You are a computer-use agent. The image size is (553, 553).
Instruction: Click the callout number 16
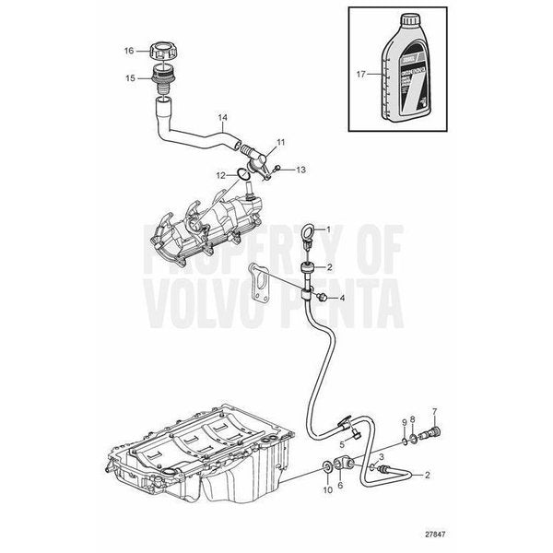130,50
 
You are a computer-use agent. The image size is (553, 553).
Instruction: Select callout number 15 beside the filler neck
130,77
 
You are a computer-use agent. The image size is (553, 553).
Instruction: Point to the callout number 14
221,118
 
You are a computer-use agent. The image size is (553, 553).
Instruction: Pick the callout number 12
220,174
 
